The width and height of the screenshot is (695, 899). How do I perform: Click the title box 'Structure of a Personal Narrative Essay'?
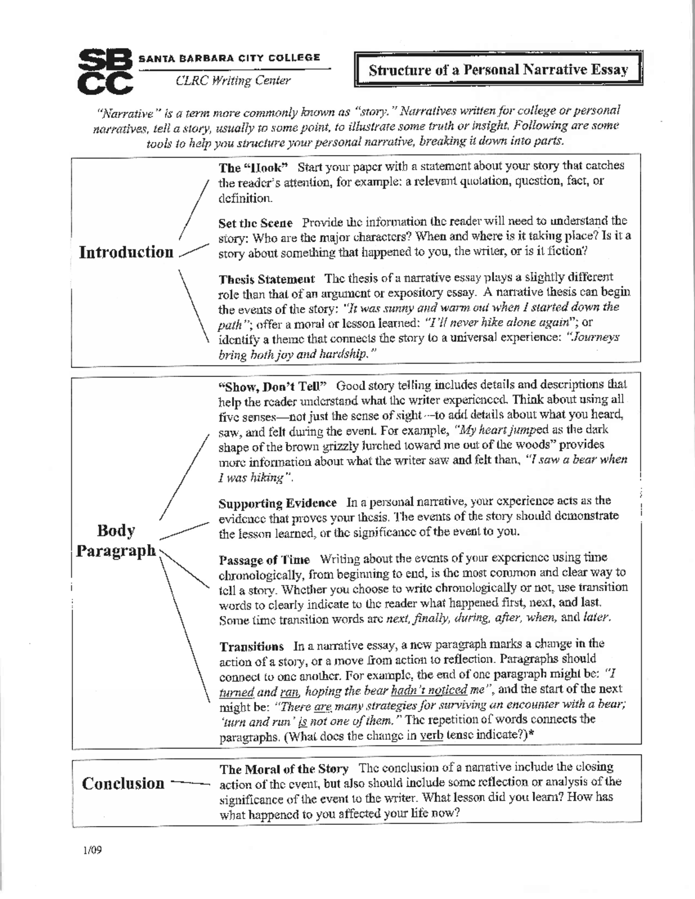click(498, 70)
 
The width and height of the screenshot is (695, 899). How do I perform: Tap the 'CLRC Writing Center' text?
click(233, 80)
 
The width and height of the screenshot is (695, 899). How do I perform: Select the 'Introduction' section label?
click(126, 252)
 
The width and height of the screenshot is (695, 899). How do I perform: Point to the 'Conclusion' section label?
click(123, 783)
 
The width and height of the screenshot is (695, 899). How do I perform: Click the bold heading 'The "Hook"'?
click(253, 167)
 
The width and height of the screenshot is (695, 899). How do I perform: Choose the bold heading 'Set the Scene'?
click(255, 223)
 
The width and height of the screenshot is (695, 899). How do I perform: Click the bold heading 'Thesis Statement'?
click(267, 278)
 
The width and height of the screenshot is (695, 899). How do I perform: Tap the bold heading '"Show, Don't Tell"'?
click(273, 386)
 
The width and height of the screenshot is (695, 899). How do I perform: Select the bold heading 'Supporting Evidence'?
click(277, 502)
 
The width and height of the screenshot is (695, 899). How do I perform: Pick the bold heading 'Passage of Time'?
click(264, 560)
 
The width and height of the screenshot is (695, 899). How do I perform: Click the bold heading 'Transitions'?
click(251, 646)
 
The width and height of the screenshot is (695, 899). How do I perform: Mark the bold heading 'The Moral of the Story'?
click(284, 769)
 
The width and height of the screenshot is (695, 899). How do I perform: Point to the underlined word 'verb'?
click(427, 736)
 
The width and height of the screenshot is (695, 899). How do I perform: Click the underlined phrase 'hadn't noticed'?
click(429, 690)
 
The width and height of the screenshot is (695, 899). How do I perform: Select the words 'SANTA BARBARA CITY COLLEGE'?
click(229, 57)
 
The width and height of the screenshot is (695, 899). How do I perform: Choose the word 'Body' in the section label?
click(116, 530)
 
